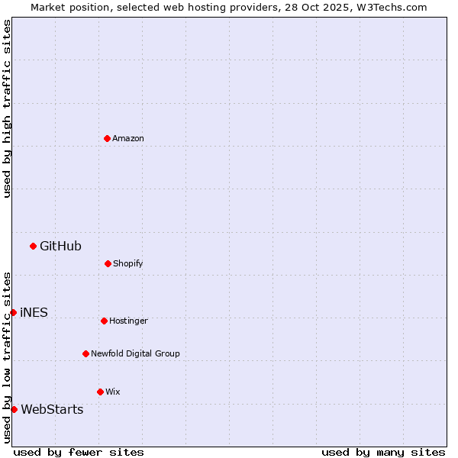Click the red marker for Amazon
(x=107, y=138)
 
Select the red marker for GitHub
(x=33, y=246)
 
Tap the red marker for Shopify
(x=108, y=263)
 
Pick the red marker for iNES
(x=13, y=312)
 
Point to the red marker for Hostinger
(x=104, y=321)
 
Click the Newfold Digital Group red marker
(x=85, y=353)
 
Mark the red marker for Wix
(x=100, y=392)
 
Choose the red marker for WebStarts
(x=14, y=409)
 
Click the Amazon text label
(x=128, y=138)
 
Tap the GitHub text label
(x=60, y=246)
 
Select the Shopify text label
(x=128, y=263)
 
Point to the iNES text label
(x=34, y=312)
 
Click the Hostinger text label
(x=128, y=321)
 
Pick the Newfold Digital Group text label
(x=135, y=353)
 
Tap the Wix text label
(x=113, y=392)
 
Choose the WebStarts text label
(x=52, y=409)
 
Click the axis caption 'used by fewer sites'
(x=79, y=452)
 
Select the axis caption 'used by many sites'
(x=383, y=452)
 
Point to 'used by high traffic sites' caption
(x=7, y=108)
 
